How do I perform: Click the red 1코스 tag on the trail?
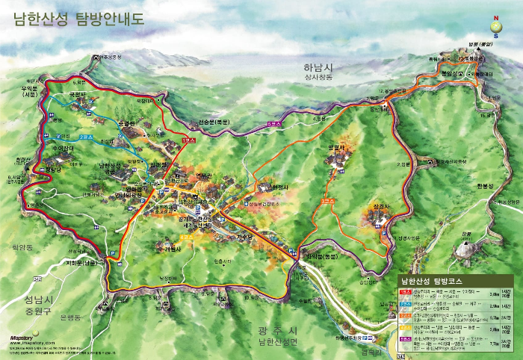[x=187, y=141]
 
